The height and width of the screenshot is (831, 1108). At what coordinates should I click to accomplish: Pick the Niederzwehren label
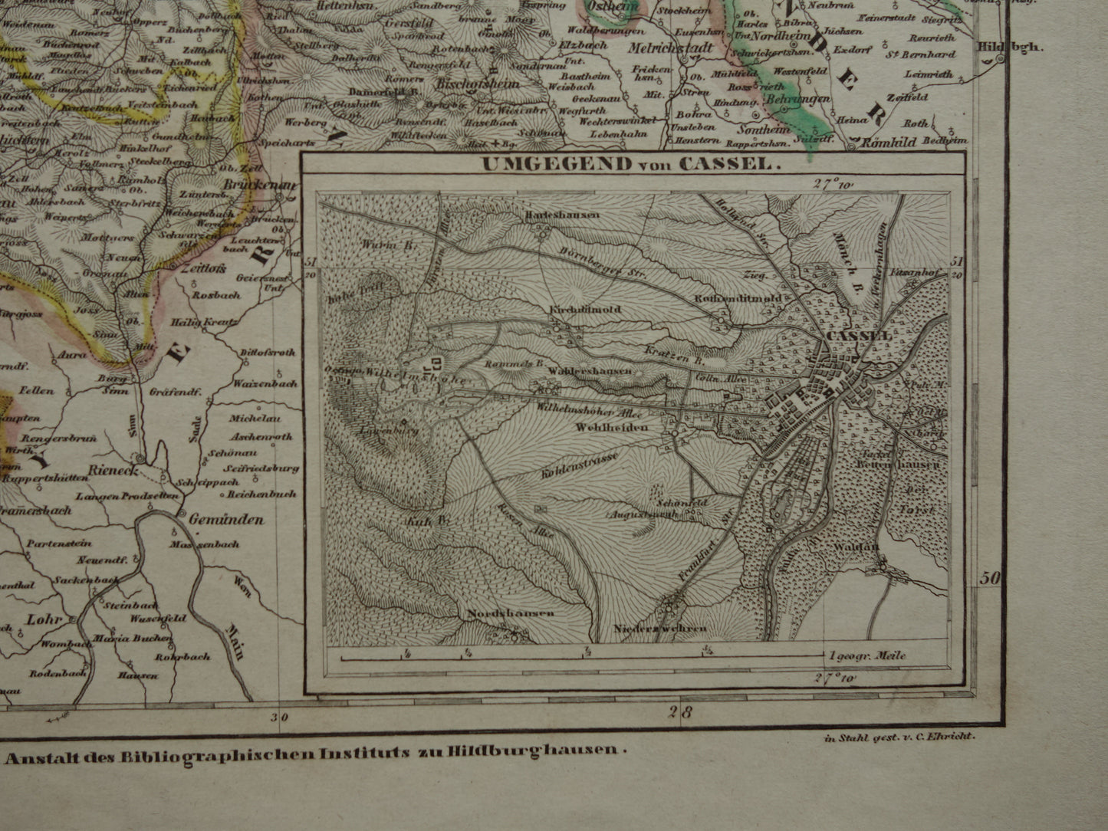point(660,629)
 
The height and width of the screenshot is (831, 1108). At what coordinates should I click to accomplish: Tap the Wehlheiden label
point(611,428)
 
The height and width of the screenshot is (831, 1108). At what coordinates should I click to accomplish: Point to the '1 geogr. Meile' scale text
point(866,656)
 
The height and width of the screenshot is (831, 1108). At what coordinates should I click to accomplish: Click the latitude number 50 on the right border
point(991,579)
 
